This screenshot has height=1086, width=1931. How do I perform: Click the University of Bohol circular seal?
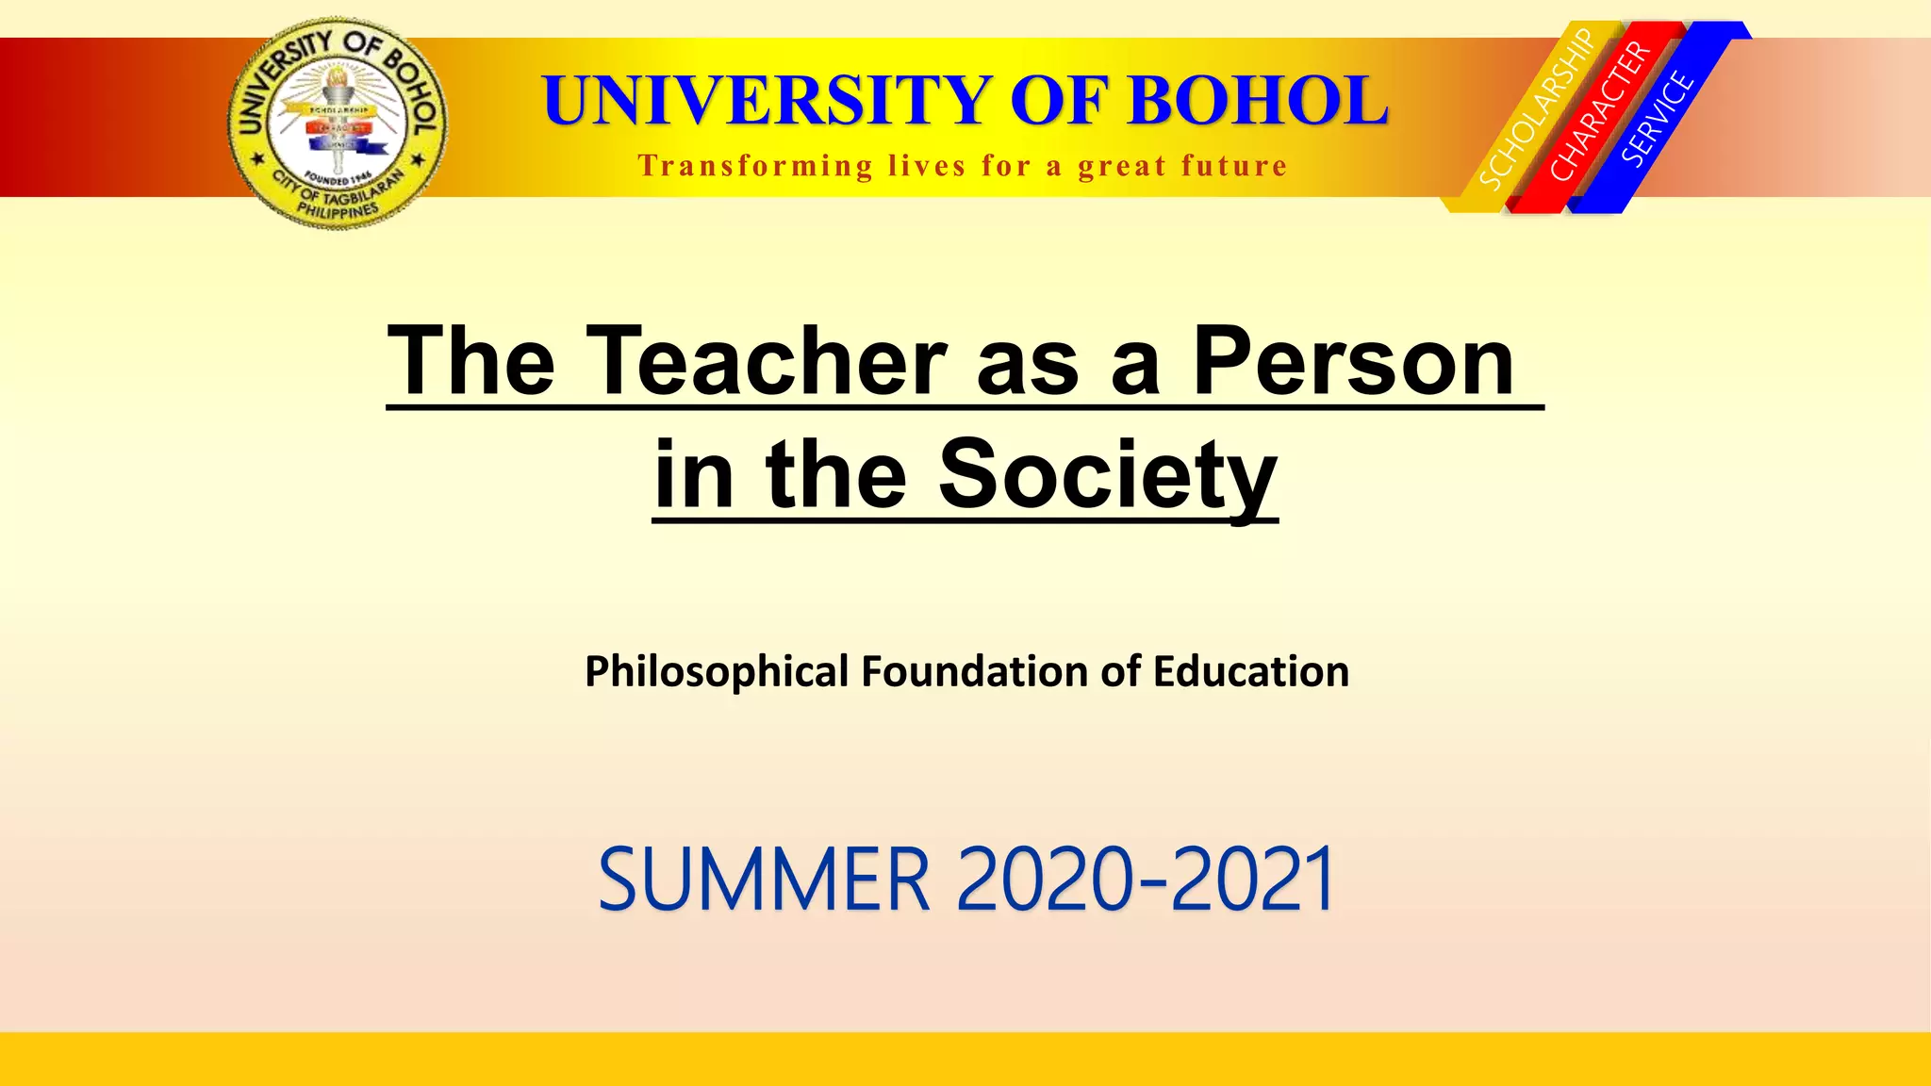tap(338, 123)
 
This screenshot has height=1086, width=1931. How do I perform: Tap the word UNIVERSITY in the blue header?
tap(766, 100)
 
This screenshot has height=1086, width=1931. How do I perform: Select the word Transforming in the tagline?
tap(755, 166)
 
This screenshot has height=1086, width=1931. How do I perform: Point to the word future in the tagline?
tap(1234, 166)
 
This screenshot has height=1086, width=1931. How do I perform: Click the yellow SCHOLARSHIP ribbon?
tap(1535, 110)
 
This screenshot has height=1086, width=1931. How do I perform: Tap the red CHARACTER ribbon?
tap(1600, 112)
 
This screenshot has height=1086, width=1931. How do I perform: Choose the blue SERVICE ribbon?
tap(1659, 119)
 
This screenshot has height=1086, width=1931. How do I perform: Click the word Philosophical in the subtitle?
tap(717, 672)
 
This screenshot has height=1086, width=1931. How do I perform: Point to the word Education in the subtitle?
tap(1250, 672)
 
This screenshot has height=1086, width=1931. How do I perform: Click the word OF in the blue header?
tap(1060, 100)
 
